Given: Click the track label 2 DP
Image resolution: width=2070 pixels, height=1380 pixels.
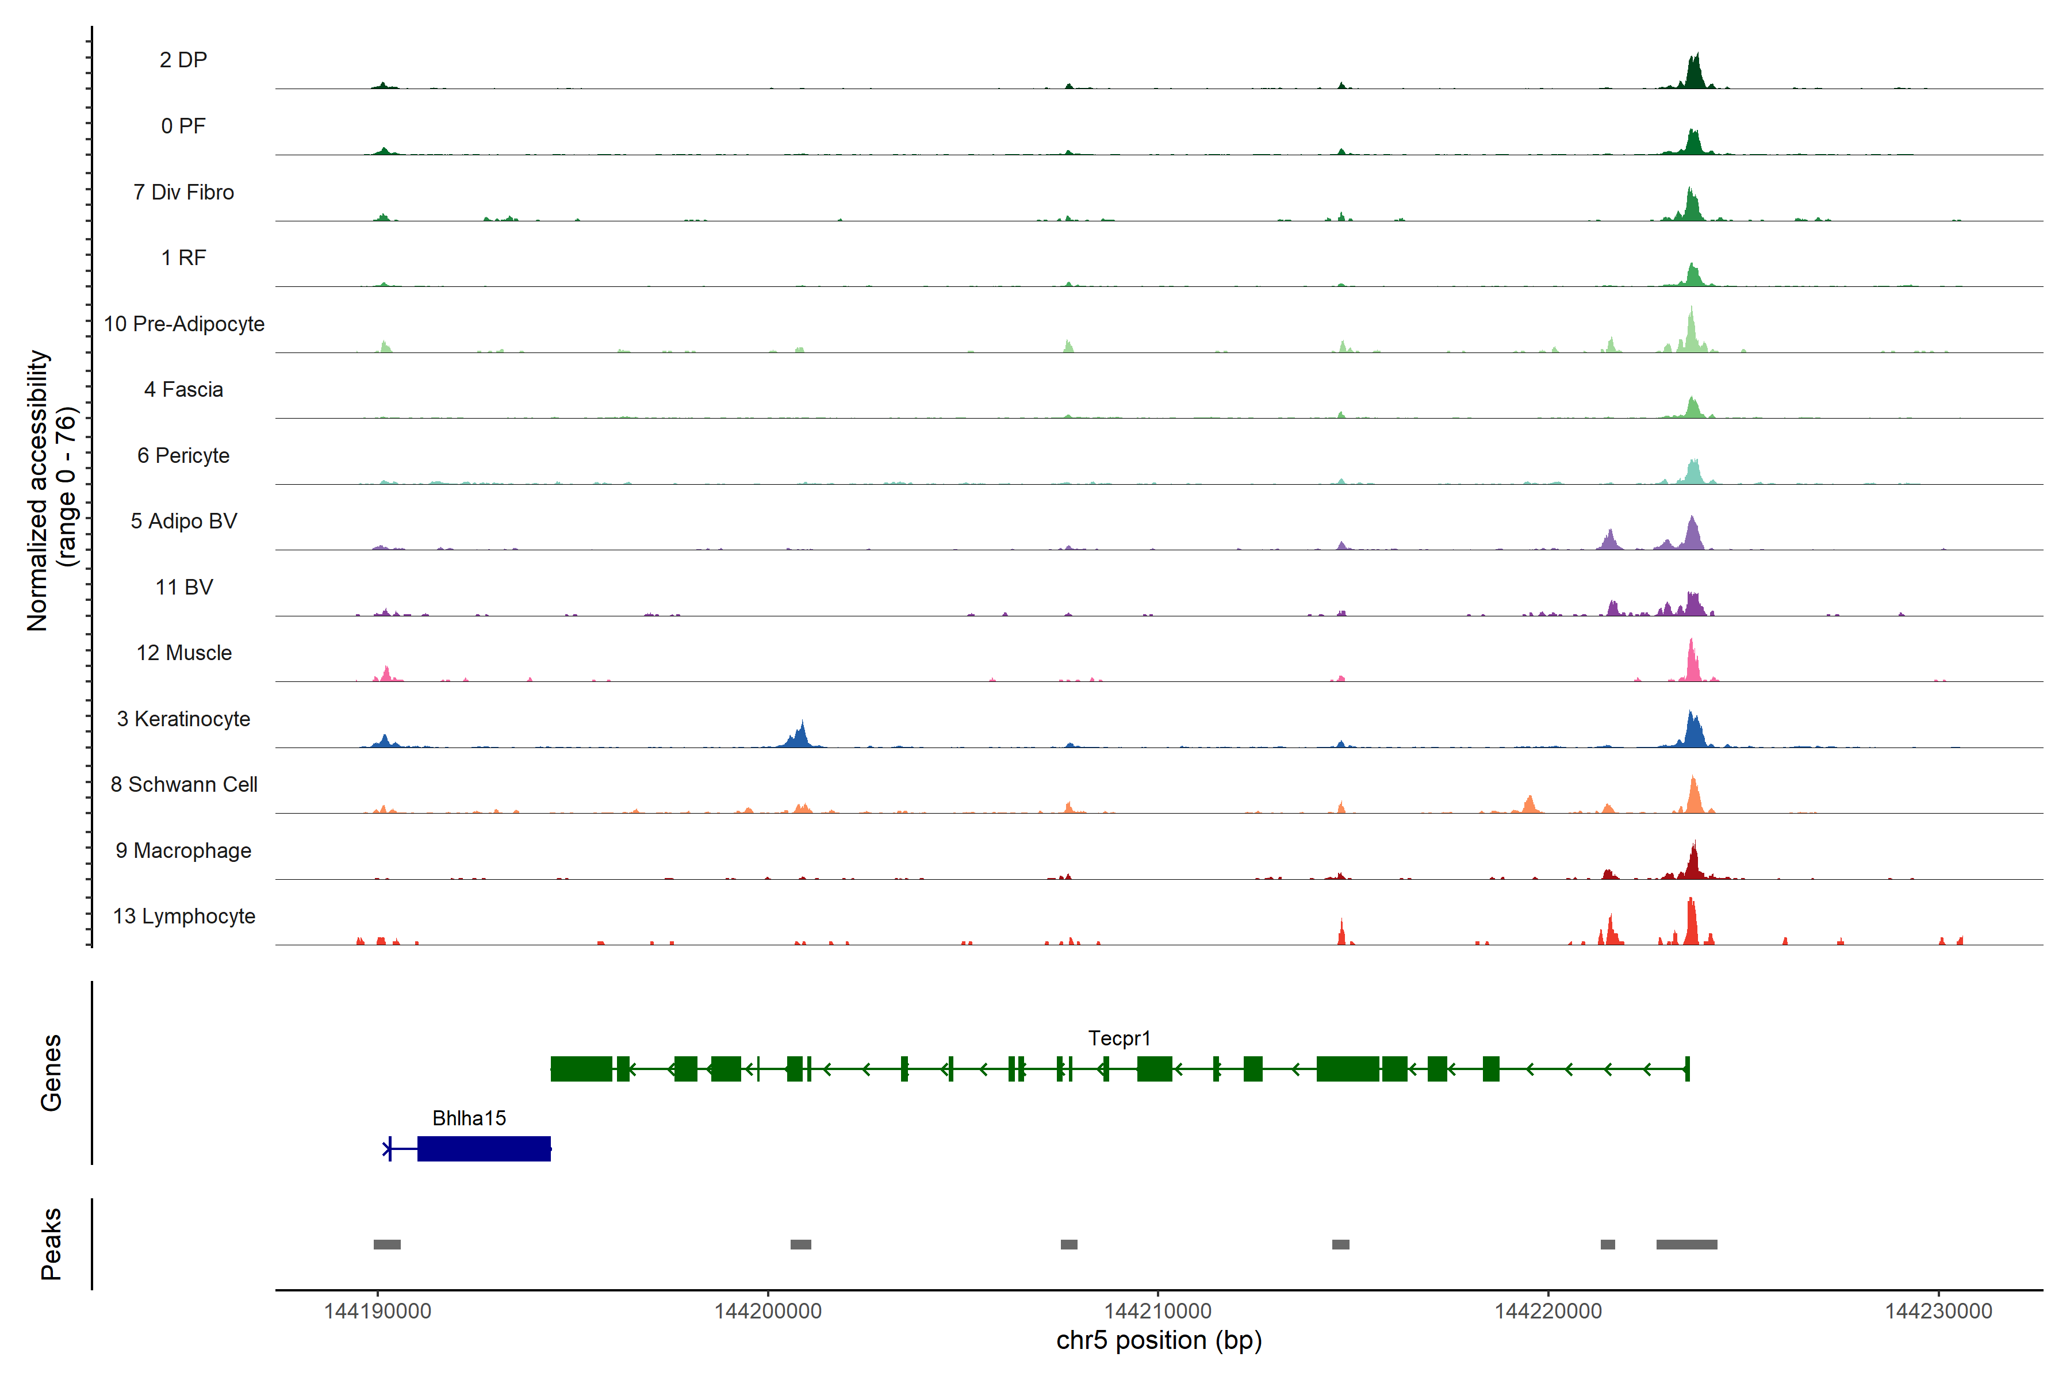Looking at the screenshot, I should click(x=183, y=60).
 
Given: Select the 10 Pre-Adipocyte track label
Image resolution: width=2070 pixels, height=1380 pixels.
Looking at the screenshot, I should click(x=184, y=324).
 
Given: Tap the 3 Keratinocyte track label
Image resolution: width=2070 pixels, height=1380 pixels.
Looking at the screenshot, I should click(x=183, y=719).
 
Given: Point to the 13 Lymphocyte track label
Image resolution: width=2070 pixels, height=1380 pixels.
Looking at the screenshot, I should click(x=184, y=916).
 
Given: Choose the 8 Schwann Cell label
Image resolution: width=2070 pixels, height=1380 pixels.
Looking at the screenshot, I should click(x=184, y=784).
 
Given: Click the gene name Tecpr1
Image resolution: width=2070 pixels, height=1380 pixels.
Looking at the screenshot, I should click(x=1118, y=1038).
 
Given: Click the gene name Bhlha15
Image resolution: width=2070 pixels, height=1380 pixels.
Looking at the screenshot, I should click(x=469, y=1118).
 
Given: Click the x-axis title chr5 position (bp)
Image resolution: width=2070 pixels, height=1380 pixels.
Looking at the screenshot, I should click(x=1158, y=1340).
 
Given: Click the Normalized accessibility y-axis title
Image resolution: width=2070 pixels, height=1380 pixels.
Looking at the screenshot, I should click(x=37, y=490).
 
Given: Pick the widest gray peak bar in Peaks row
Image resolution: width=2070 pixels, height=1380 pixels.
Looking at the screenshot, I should click(x=1686, y=1244).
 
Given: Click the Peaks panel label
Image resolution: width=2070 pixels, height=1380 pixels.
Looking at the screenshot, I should click(x=51, y=1244).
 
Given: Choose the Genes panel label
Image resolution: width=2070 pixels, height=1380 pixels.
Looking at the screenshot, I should click(x=51, y=1073).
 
